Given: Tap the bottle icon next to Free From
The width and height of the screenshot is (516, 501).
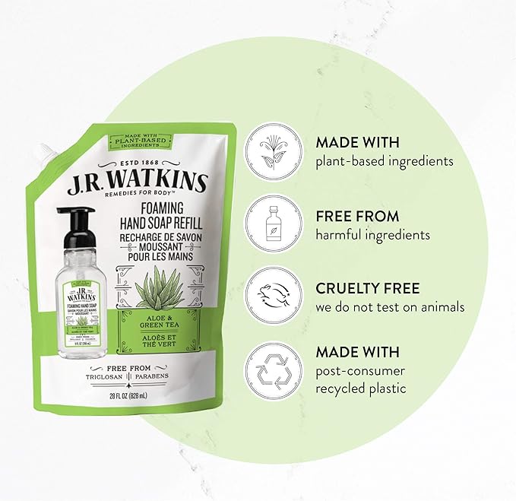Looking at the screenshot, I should [x=273, y=223].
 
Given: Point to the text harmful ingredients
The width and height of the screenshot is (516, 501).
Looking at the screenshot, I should [x=374, y=235].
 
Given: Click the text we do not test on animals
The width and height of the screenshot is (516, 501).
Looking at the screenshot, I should [x=388, y=307].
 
